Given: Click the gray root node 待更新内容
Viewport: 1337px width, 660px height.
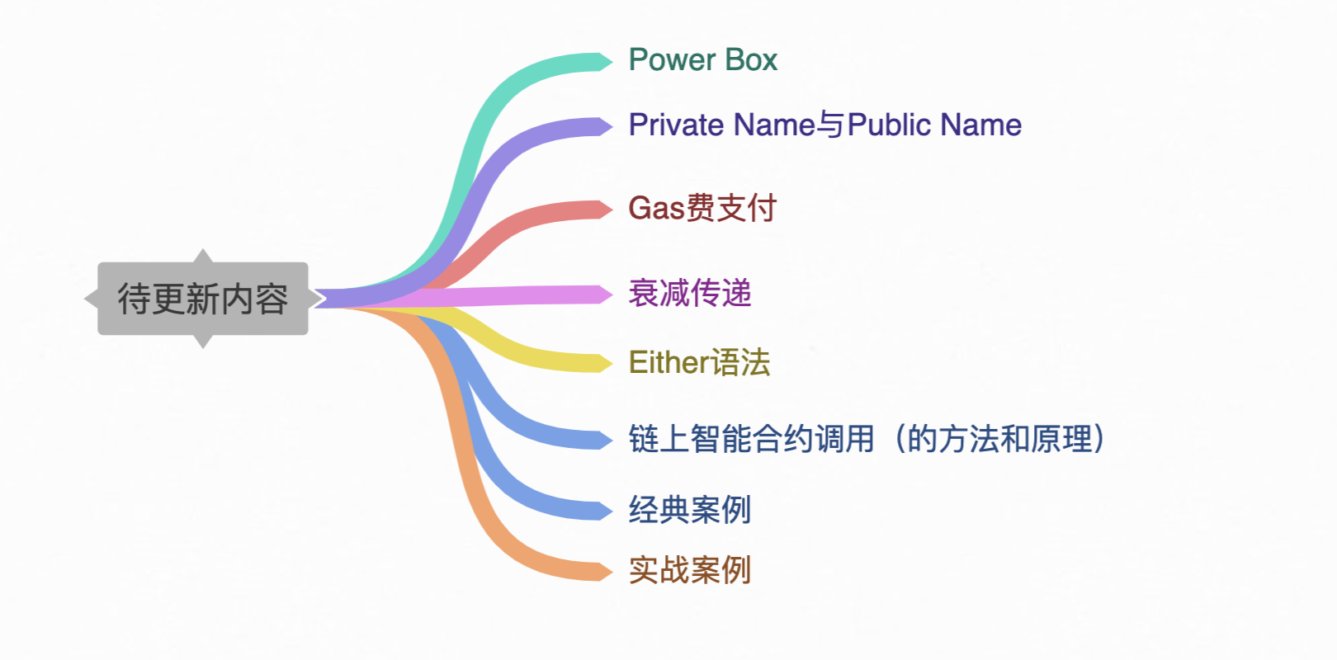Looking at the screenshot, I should click(202, 299).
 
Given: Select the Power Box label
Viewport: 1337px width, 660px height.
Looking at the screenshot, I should click(702, 60).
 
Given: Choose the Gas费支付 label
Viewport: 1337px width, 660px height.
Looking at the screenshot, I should click(702, 208).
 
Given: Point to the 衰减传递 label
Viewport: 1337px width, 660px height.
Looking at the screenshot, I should click(690, 293).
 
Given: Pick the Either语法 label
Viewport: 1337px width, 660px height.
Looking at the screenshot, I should click(699, 362).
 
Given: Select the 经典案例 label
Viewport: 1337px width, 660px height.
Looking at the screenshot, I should click(690, 509).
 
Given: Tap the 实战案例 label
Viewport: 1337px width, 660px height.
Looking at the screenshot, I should click(690, 569).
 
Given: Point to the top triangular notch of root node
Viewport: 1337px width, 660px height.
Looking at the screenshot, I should click(203, 255).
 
